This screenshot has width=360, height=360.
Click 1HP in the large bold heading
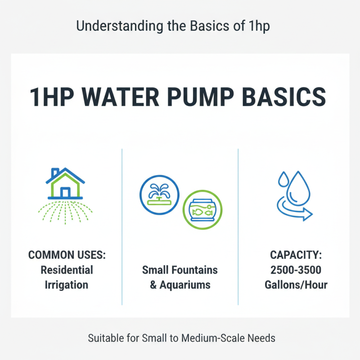[x=51, y=97]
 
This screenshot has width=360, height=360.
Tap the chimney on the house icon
[x=55, y=173]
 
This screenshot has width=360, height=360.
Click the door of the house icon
[x=65, y=192]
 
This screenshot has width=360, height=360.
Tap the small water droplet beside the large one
[x=283, y=179]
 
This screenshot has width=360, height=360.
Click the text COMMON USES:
[x=67, y=255]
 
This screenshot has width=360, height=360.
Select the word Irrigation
[x=67, y=285]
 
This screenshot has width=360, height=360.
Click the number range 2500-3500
[x=296, y=270]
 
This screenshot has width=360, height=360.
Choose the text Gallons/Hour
[x=296, y=285]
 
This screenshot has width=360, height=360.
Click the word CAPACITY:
[x=296, y=255]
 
